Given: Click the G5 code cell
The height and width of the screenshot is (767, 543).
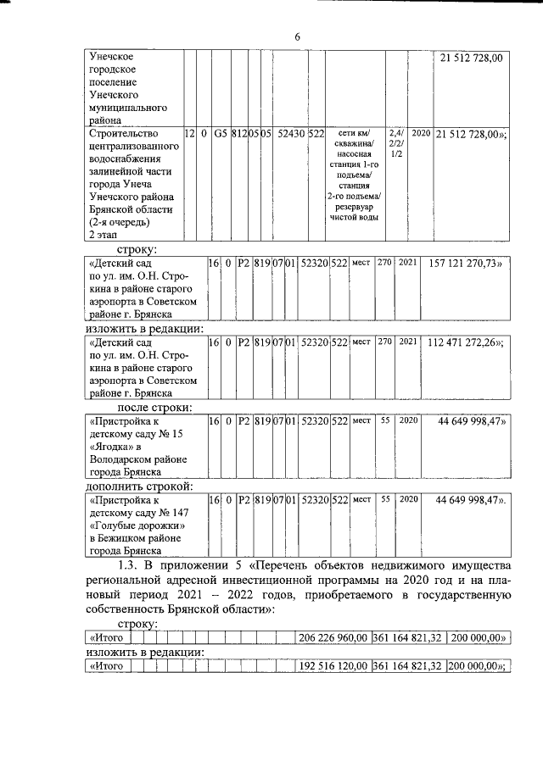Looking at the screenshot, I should pos(221,134).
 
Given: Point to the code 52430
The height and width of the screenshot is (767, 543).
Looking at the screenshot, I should pos(289,134).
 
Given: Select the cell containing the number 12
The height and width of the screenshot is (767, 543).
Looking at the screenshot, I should pos(189,134).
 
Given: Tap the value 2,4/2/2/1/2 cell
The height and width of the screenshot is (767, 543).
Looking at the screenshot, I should pos(395,146).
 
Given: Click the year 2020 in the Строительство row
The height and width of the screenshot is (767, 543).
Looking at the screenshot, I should pos(420,134).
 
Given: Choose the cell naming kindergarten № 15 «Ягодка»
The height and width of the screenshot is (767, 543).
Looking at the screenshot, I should pos(136,446).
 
